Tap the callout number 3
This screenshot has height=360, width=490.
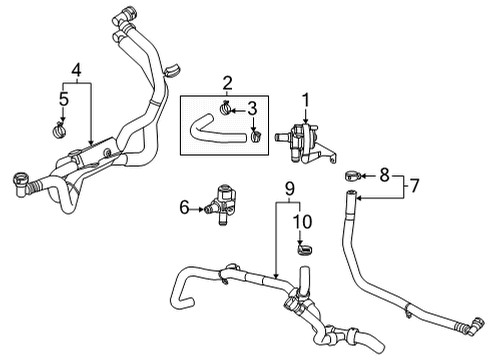tap(254, 107)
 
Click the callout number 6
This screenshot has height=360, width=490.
tap(183, 208)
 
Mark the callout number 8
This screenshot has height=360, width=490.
tap(384, 175)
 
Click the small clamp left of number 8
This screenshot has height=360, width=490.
tap(354, 176)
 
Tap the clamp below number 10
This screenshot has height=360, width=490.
tap(301, 246)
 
